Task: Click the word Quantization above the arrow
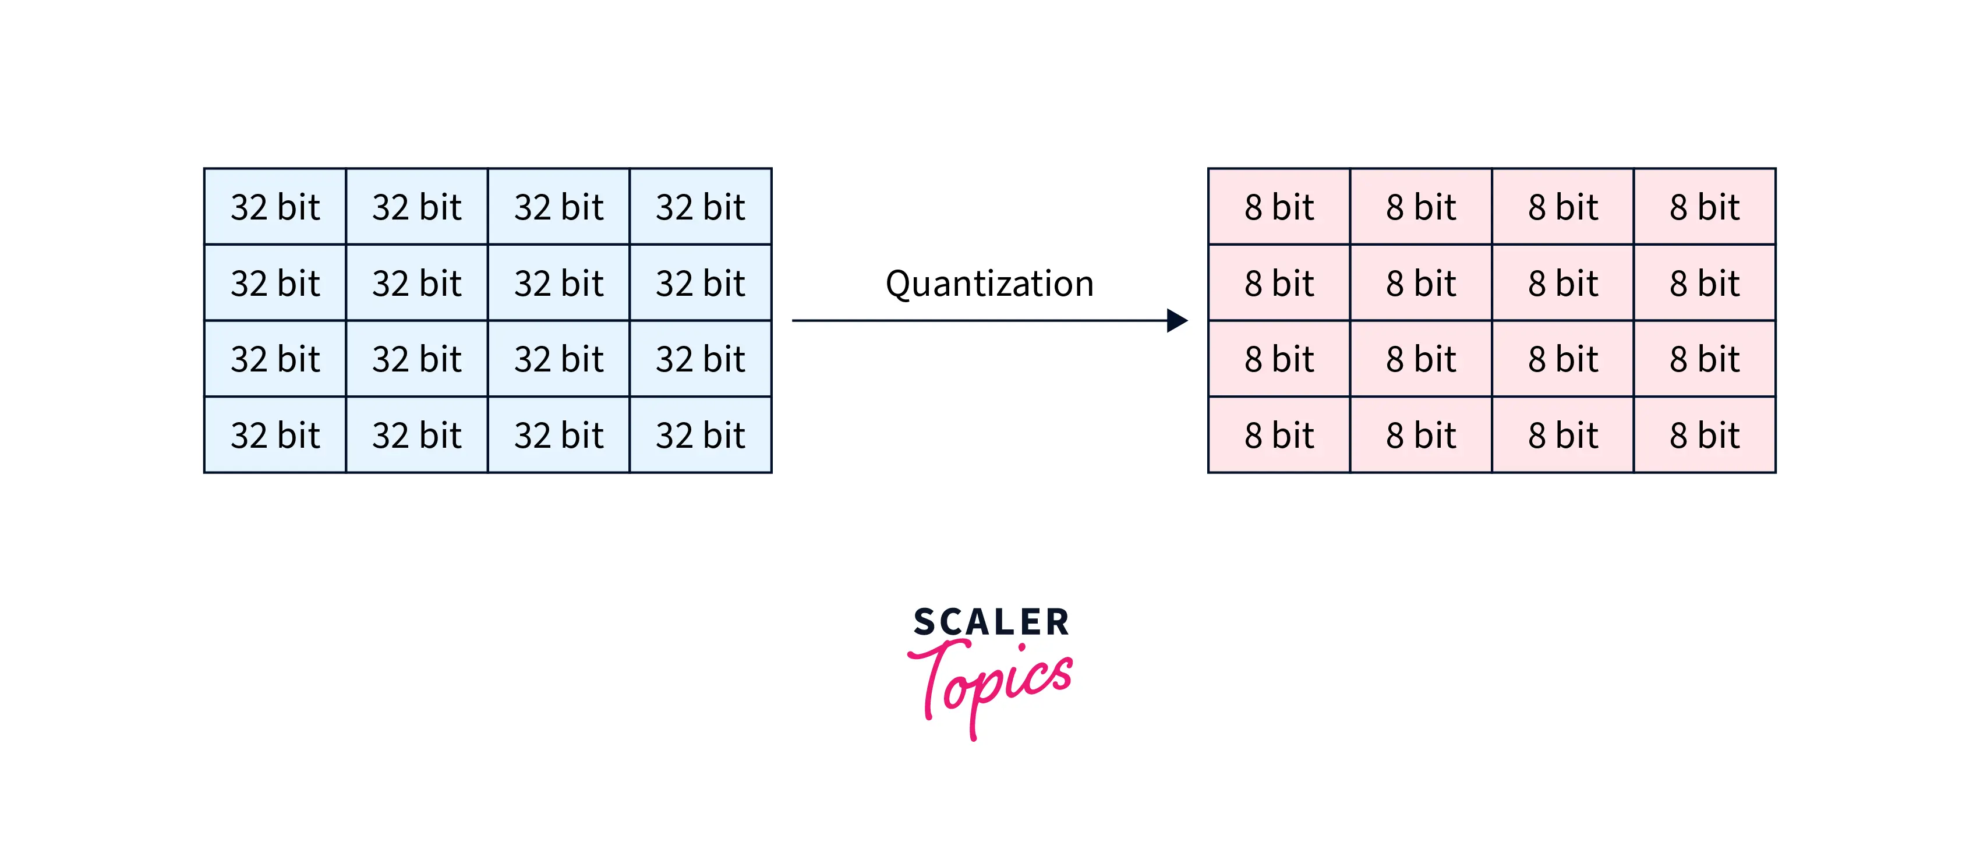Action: tap(989, 284)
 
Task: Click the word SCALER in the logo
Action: tap(991, 622)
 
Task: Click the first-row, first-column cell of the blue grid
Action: tap(275, 207)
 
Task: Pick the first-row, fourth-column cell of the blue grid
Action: tap(700, 207)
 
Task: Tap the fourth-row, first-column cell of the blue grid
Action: tap(275, 435)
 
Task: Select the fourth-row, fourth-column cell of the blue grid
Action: tap(700, 435)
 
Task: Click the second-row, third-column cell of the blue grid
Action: tap(559, 283)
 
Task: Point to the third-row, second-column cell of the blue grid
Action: tap(416, 359)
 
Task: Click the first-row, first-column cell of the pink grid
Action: tap(1279, 207)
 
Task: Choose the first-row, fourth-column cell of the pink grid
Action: tap(1704, 207)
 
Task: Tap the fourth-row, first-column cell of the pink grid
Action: tap(1279, 435)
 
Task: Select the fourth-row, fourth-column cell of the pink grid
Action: tap(1704, 435)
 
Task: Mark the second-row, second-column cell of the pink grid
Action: tap(1420, 283)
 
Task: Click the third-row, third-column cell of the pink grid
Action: tap(1562, 359)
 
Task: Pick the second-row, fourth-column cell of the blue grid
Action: tap(700, 283)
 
